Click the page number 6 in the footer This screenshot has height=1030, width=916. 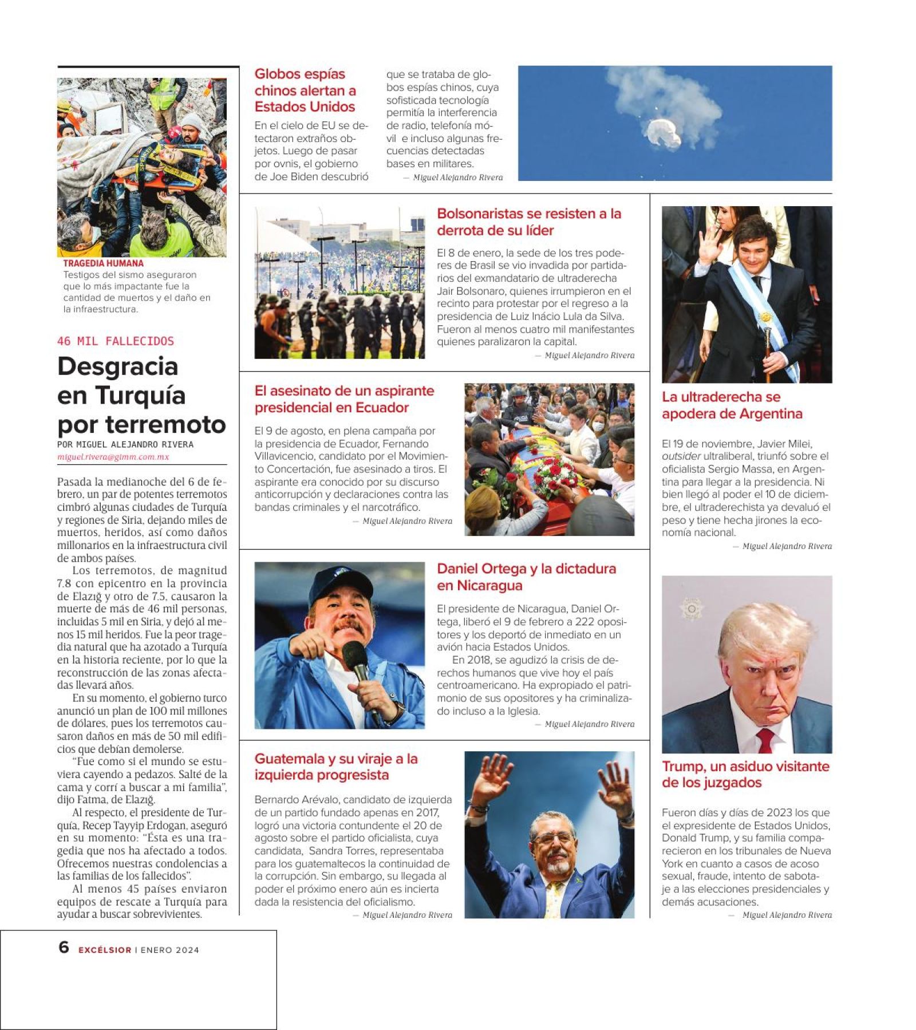point(64,947)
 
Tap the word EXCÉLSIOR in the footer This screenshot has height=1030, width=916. point(105,950)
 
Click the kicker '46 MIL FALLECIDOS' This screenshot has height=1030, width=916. point(115,341)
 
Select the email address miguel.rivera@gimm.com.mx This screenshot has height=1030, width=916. point(113,457)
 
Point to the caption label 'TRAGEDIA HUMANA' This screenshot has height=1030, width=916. point(103,263)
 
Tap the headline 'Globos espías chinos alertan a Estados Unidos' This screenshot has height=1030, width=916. point(305,90)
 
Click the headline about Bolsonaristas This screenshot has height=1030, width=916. point(528,222)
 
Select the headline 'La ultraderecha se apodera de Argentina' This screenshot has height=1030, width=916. point(732,405)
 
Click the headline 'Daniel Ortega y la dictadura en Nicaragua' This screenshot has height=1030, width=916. point(526,577)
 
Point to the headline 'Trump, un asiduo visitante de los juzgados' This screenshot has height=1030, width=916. point(745,774)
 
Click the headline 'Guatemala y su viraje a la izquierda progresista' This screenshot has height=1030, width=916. point(336,767)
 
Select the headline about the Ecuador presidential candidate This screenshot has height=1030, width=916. point(344,399)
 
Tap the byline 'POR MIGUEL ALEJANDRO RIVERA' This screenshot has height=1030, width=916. point(125,444)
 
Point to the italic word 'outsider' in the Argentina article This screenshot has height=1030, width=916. point(681,456)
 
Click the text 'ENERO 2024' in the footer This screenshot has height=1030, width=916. point(170,950)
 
